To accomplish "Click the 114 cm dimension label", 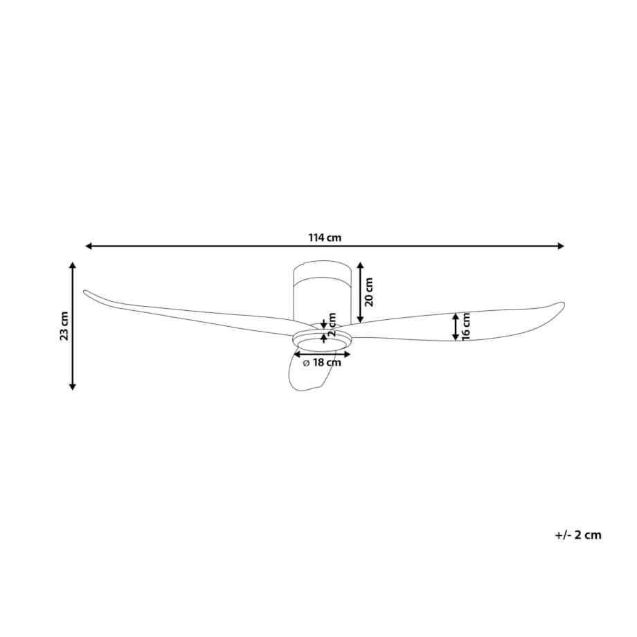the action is pyautogui.click(x=325, y=237).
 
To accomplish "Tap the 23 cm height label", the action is pyautogui.click(x=64, y=326).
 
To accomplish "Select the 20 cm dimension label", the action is pyautogui.click(x=369, y=292).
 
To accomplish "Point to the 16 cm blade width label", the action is pyautogui.click(x=466, y=326).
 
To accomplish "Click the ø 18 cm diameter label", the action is pyautogui.click(x=322, y=363).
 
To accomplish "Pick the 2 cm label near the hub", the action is pyautogui.click(x=332, y=324).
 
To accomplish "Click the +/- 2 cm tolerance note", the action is pyautogui.click(x=578, y=535).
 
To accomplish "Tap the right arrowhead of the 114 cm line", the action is pyautogui.click(x=561, y=246).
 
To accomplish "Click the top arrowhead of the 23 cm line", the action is pyautogui.click(x=72, y=266).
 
